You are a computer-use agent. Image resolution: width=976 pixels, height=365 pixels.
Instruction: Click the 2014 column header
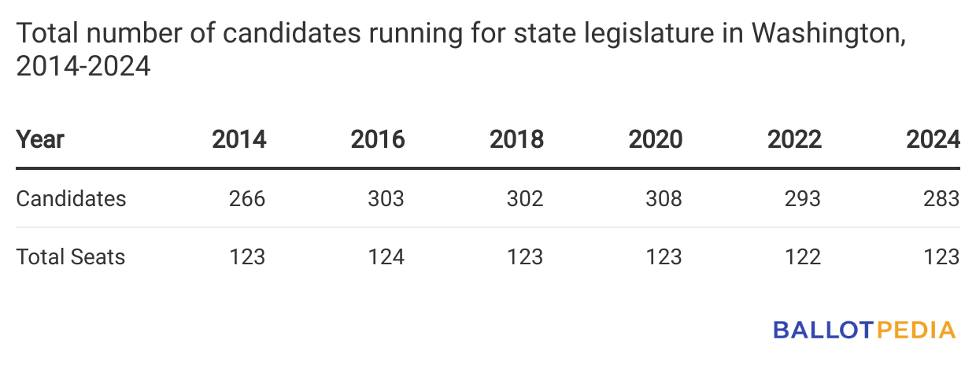[x=239, y=140]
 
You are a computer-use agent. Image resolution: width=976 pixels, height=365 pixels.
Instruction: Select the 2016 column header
[x=378, y=140]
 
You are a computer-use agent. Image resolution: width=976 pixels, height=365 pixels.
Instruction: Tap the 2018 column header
[x=516, y=140]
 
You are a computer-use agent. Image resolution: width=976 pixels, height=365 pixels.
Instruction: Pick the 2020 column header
[x=656, y=140]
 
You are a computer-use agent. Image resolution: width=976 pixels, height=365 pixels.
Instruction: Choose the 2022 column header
[x=794, y=140]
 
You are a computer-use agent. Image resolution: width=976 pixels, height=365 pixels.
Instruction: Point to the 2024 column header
[x=933, y=140]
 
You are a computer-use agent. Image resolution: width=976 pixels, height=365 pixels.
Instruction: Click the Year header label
[x=40, y=140]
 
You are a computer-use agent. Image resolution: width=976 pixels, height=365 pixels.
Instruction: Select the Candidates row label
[x=71, y=198]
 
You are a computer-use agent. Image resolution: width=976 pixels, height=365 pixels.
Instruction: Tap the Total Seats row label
[x=71, y=256]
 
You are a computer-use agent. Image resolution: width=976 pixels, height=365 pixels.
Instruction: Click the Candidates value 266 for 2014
[x=246, y=198]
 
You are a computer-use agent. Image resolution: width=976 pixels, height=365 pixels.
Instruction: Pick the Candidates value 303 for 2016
[x=386, y=198]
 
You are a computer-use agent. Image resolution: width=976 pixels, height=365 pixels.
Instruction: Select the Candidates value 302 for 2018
[x=524, y=198]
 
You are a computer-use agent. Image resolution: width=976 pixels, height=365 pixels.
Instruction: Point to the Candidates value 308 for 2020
[x=664, y=198]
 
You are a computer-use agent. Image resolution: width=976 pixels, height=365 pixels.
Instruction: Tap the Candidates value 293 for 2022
[x=802, y=198]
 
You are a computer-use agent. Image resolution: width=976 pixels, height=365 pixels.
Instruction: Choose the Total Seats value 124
[x=386, y=256]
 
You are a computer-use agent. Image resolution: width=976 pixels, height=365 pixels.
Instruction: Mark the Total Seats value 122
[x=802, y=256]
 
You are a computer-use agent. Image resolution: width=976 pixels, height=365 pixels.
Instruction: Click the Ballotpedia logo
[x=864, y=330]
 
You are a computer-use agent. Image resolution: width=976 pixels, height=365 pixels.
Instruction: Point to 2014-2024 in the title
[x=83, y=67]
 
